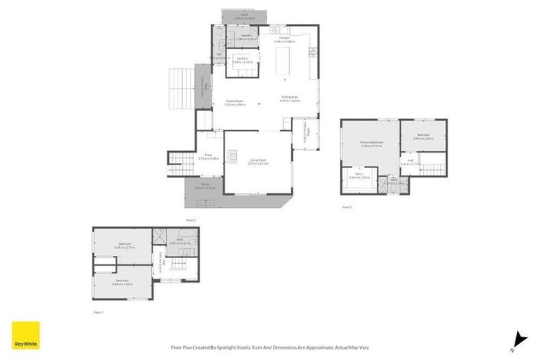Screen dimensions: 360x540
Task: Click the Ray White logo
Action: (26, 335)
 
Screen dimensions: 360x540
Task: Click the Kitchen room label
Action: (285, 39)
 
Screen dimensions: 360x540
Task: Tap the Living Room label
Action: (258, 160)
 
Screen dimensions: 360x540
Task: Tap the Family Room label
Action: (234, 102)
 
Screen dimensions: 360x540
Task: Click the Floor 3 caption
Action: (346, 207)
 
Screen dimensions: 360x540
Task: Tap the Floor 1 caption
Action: (98, 311)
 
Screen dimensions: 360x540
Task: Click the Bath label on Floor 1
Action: (181, 240)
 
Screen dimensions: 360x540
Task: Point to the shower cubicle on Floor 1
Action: (160, 236)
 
